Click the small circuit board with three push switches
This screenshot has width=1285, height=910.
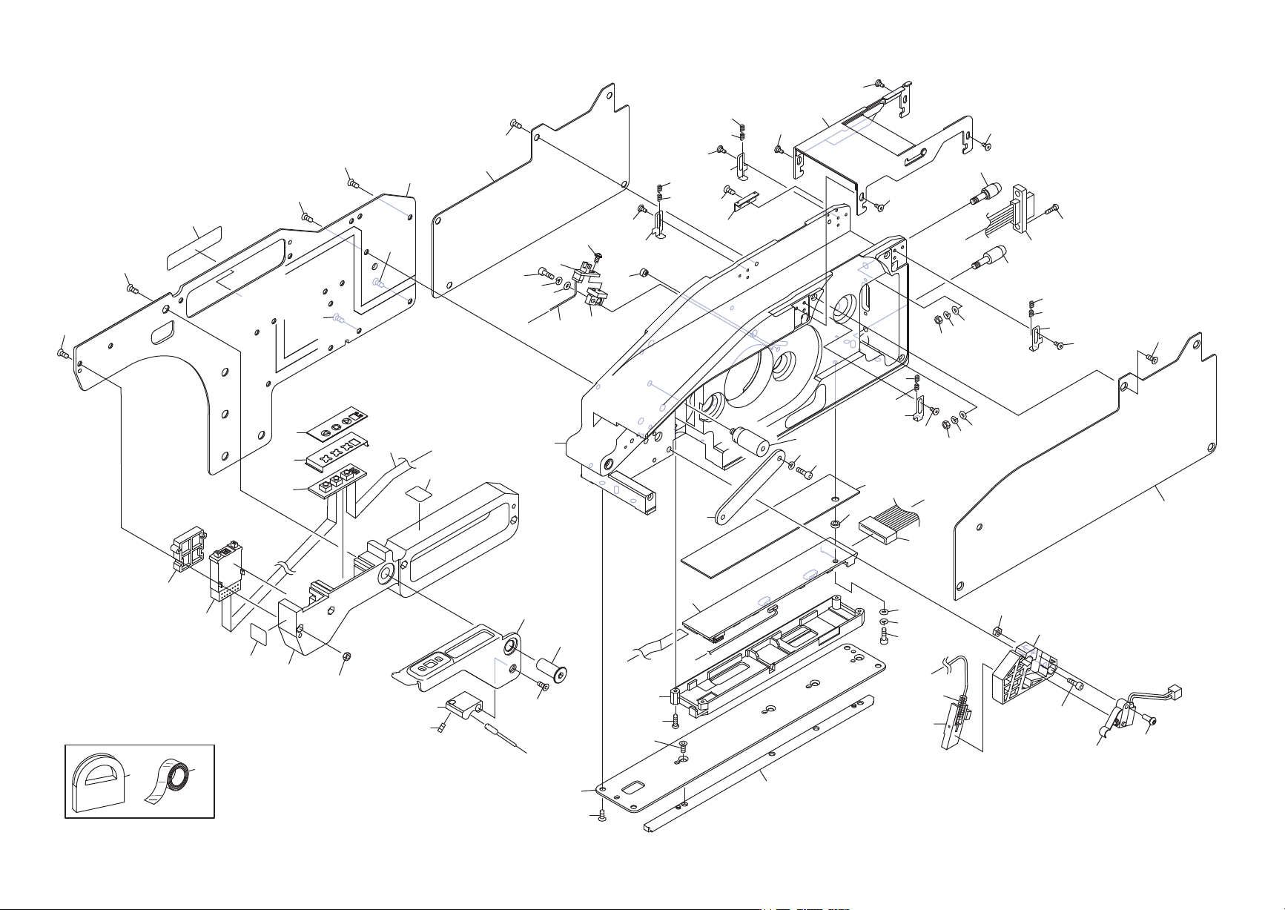pyautogui.click(x=337, y=479)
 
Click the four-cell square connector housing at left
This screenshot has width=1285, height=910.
pyautogui.click(x=188, y=548)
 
